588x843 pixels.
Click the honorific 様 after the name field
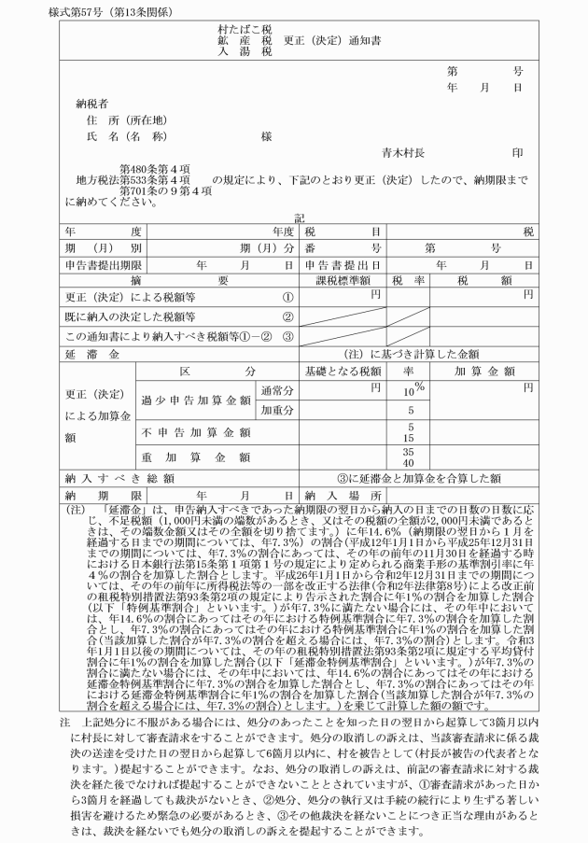pos(267,136)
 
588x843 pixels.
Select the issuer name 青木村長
pos(403,152)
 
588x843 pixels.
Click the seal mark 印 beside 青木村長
pos(517,152)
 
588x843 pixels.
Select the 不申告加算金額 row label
pos(196,432)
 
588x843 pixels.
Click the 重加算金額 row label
pos(196,457)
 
